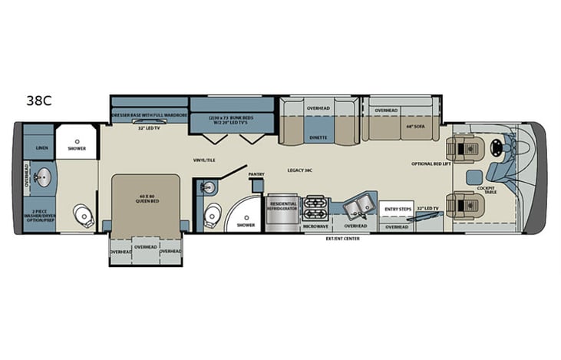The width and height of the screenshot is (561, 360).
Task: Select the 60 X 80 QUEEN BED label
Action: click(147, 199)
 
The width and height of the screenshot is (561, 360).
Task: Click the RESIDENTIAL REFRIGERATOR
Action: click(281, 209)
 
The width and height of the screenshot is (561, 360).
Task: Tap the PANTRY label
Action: click(256, 175)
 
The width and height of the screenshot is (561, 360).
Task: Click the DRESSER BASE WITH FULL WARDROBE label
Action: click(150, 115)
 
